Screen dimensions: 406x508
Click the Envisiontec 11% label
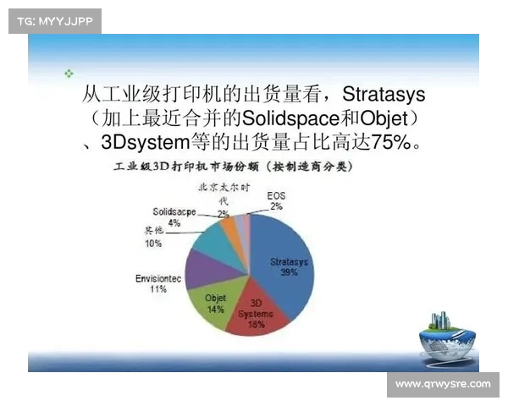(x=157, y=283)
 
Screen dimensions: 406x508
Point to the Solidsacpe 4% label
(x=174, y=217)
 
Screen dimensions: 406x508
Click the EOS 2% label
(x=276, y=200)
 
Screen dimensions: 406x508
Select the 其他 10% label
(x=153, y=238)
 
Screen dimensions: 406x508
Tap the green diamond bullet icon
(x=68, y=74)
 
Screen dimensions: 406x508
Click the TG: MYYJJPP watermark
(x=55, y=20)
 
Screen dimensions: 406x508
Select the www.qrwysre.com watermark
(x=443, y=384)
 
